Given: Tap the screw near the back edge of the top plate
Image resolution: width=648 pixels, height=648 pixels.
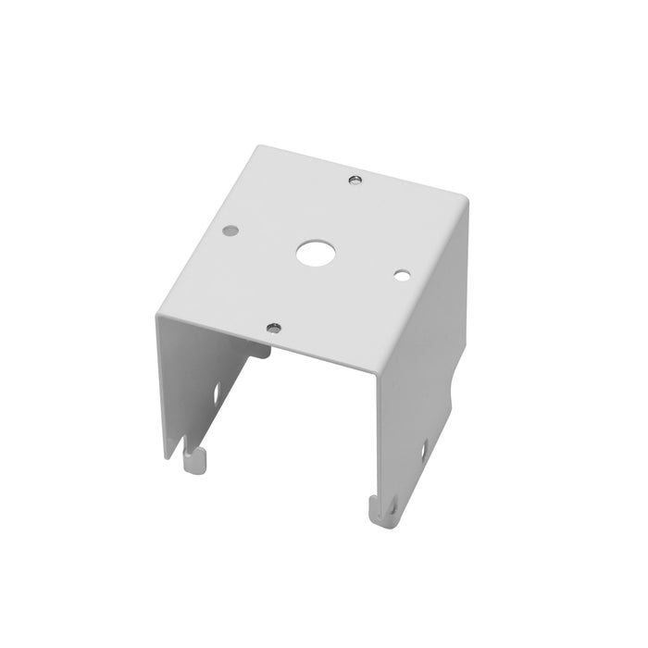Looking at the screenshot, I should pos(355,179).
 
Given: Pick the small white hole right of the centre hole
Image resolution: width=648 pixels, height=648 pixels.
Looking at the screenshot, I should pos(401,275).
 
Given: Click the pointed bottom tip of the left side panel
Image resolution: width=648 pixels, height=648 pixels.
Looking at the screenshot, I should pos(169,455).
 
